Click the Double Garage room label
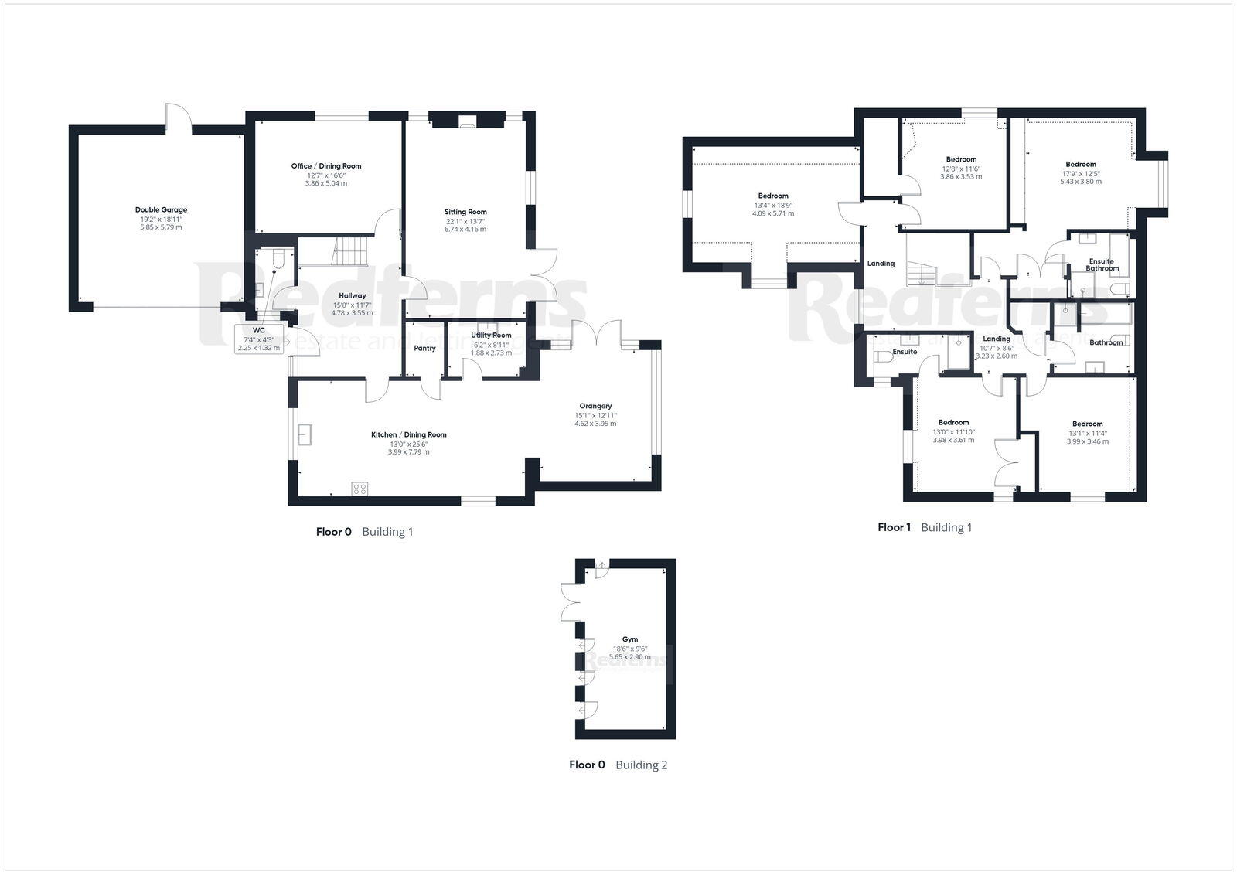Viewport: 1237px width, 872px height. click(161, 209)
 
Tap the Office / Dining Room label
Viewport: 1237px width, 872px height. click(325, 166)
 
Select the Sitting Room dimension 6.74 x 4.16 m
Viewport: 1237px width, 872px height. click(465, 230)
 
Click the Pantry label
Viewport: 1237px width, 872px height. click(424, 348)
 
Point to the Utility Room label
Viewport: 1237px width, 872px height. click(491, 336)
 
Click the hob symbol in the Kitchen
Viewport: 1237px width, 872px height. click(360, 488)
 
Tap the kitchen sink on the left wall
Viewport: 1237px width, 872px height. click(305, 435)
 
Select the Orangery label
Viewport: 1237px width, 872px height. click(595, 406)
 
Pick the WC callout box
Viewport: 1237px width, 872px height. click(259, 339)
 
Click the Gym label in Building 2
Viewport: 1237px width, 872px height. click(630, 639)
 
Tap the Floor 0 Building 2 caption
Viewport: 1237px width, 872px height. click(618, 765)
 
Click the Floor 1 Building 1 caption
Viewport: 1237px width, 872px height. click(925, 527)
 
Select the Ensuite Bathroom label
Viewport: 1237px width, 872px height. click(1102, 264)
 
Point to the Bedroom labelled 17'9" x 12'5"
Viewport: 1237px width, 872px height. click(1080, 164)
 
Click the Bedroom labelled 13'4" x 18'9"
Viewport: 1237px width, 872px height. click(773, 196)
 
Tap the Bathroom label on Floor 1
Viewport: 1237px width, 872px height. click(1106, 342)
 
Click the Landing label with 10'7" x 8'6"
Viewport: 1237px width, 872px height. click(996, 339)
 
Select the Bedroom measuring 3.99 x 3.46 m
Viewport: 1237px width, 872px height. click(1087, 441)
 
